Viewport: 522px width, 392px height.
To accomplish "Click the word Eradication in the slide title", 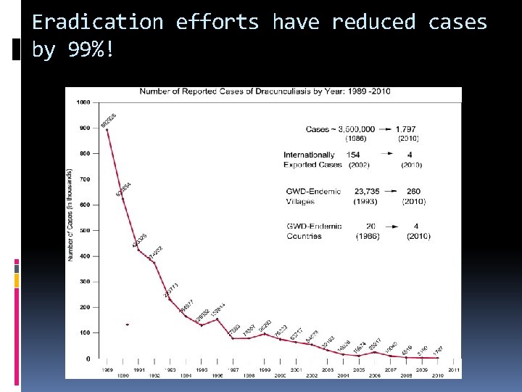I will click(x=98, y=23).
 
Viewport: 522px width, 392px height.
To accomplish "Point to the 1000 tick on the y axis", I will click(x=83, y=102).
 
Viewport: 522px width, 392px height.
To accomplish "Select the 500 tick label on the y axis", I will click(x=85, y=230).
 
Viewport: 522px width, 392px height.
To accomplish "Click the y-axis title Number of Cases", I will click(x=70, y=215).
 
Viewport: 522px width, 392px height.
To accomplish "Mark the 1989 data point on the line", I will click(x=107, y=128).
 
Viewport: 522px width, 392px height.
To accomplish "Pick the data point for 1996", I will click(x=217, y=319).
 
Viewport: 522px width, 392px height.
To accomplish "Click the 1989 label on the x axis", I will click(x=107, y=369).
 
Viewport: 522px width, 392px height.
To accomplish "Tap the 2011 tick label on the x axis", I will click(x=454, y=369).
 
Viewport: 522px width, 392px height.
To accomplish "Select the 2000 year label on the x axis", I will click(x=280, y=375).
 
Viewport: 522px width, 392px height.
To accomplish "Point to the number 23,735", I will click(x=368, y=192).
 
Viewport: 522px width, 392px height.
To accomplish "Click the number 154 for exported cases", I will click(x=353, y=155).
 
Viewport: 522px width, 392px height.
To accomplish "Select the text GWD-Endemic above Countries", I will click(x=314, y=226).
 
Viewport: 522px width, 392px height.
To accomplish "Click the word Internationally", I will click(x=309, y=155).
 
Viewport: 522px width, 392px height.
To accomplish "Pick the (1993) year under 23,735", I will click(x=367, y=201).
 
